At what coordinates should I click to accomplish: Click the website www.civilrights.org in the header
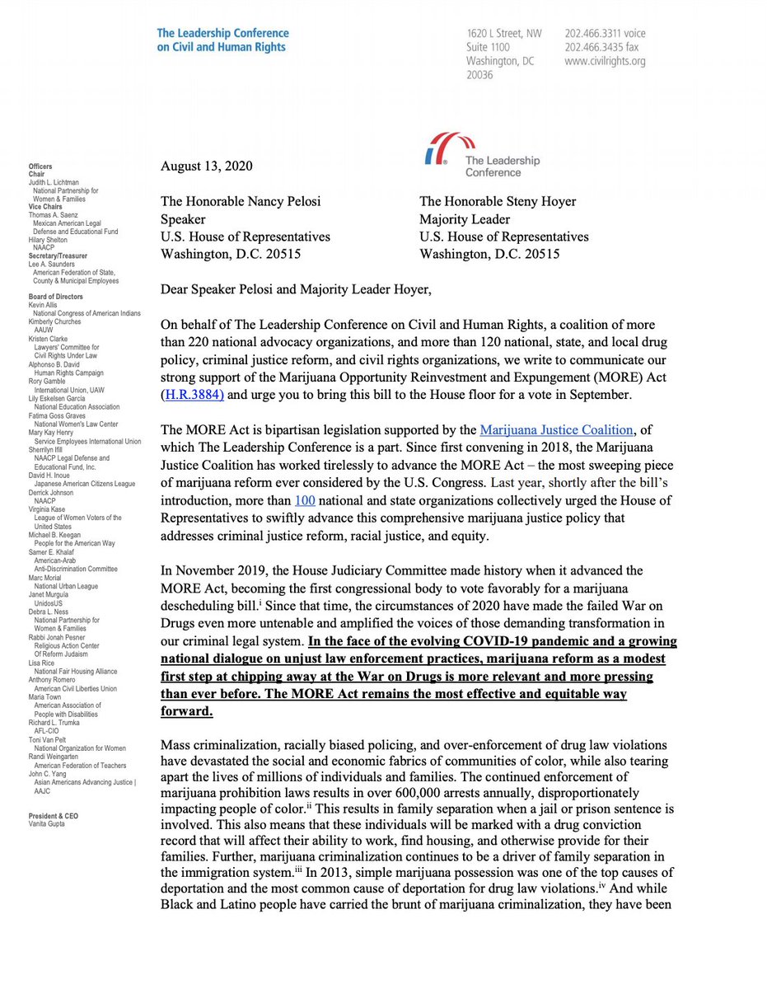605,61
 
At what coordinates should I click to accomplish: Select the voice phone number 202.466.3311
605,34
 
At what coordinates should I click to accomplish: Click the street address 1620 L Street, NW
503,34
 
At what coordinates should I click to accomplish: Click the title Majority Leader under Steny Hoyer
465,219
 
